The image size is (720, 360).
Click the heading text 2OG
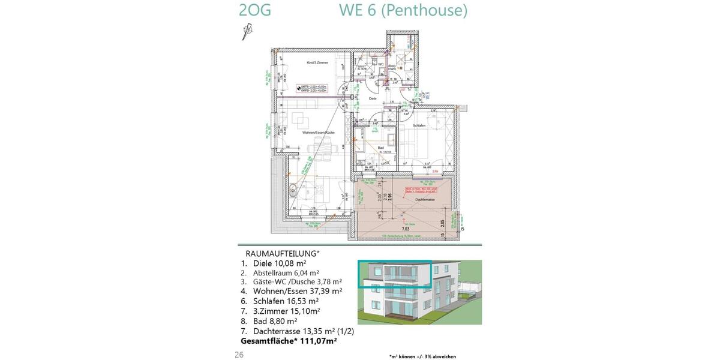coord(254,11)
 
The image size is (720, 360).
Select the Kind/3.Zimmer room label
coord(315,62)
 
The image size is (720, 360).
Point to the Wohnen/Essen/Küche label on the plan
coord(318,132)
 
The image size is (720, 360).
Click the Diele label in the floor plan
coord(372,98)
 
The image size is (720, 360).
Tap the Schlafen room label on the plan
coord(419,125)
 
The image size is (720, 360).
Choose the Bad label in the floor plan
coord(380,148)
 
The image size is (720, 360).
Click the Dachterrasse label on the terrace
coord(424,199)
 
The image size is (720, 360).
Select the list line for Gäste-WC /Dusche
coord(291,281)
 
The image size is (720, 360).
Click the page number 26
coord(239,355)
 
